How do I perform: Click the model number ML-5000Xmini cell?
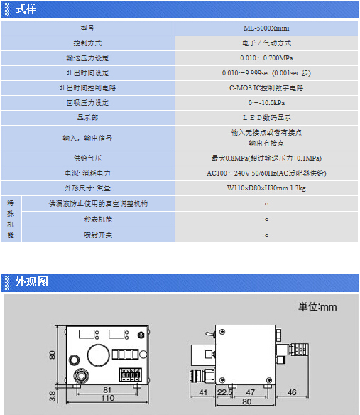(266, 28)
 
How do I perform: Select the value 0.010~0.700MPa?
(266, 58)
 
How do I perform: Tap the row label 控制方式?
(87, 43)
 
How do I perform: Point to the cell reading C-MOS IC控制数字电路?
(266, 88)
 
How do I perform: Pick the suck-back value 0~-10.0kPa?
(266, 103)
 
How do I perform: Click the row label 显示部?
(87, 117)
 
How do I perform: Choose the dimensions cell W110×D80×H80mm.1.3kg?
(266, 188)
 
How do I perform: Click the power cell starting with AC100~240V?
(266, 173)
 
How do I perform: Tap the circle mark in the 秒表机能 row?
(267, 220)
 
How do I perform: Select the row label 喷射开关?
(98, 235)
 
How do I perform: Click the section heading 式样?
(26, 9)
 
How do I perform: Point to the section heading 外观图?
(31, 281)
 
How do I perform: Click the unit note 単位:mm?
(317, 307)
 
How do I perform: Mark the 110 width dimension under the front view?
(108, 398)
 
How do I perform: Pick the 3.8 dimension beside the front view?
(52, 397)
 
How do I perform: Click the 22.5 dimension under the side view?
(225, 392)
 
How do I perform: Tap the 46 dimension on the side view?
(292, 392)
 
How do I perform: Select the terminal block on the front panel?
(130, 374)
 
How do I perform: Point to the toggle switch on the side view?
(210, 334)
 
